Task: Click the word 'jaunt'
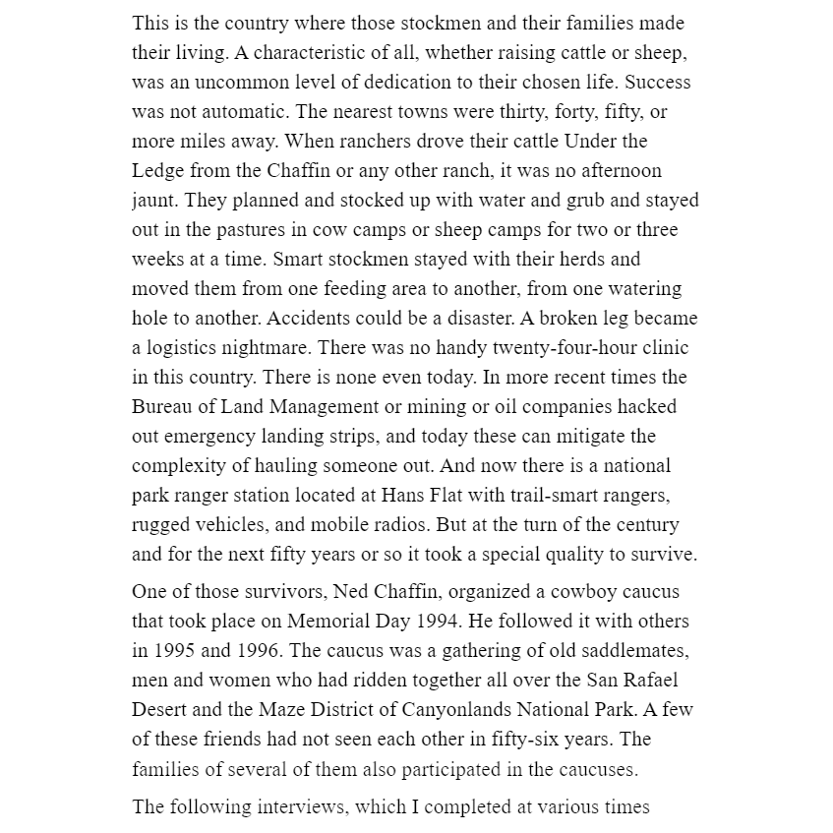[154, 201]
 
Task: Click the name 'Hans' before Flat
[402, 496]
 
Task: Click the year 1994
[447, 622]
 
